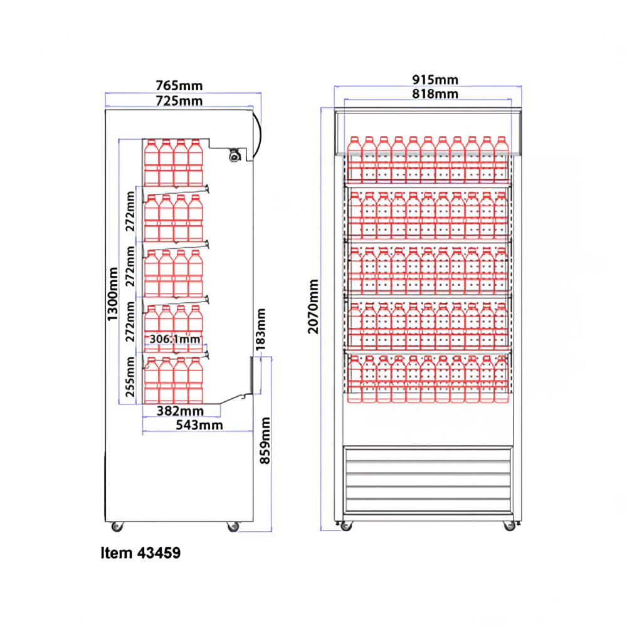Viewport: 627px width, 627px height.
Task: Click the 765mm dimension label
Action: pos(179,85)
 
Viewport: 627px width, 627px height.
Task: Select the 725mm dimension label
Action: pos(179,101)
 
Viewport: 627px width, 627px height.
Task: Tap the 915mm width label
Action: pos(435,80)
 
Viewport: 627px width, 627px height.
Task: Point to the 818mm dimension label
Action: pos(435,93)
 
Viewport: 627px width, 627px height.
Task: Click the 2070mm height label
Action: pos(313,307)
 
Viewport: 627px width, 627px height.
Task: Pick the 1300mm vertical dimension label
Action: pos(113,294)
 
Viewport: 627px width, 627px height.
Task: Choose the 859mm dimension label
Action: pos(265,441)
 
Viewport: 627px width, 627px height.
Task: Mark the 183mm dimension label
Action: pos(261,330)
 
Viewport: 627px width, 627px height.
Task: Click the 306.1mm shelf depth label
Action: pos(175,339)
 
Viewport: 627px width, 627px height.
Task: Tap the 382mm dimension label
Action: pos(180,411)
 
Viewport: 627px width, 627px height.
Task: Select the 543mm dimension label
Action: pos(199,424)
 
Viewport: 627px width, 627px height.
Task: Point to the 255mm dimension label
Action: pos(130,376)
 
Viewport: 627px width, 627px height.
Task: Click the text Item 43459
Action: pos(140,552)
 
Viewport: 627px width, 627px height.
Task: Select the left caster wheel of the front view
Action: pos(346,526)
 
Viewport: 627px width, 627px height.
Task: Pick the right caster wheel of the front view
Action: pos(509,526)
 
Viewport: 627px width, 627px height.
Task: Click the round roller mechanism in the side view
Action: pos(234,155)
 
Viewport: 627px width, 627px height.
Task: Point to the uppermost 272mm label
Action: pos(130,211)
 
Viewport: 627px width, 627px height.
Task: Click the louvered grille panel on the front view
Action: pos(428,480)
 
